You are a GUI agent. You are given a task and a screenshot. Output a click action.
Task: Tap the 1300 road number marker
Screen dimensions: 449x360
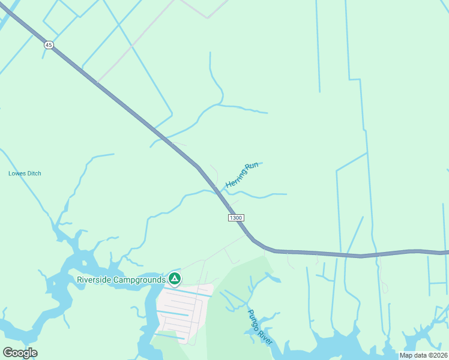pos(236,217)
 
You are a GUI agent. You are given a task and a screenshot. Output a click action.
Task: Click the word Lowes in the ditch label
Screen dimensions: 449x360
pos(17,174)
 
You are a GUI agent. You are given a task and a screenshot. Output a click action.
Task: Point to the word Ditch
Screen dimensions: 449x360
pos(34,174)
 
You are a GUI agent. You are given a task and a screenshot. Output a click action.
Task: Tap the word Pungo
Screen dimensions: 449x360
pos(256,320)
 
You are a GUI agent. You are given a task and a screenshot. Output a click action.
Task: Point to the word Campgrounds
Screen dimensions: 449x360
pos(140,280)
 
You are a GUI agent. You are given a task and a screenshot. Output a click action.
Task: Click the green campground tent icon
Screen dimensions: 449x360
pos(174,278)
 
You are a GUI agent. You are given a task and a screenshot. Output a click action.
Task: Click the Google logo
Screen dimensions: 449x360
pos(20,353)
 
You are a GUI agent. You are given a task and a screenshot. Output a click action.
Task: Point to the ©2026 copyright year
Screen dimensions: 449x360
pos(437,355)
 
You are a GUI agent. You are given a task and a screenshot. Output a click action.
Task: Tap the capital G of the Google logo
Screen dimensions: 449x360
pos(8,353)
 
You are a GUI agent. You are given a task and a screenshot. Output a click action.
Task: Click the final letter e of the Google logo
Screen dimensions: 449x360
pos(34,353)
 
